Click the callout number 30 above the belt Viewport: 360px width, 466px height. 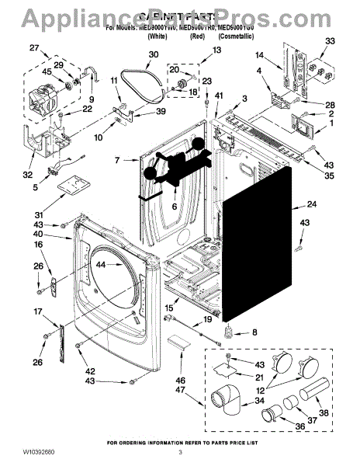(x=153, y=54)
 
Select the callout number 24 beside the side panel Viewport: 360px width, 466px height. (x=312, y=205)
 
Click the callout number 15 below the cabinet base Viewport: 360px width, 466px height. (x=168, y=308)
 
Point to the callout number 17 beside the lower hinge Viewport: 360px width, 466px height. (x=38, y=312)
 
